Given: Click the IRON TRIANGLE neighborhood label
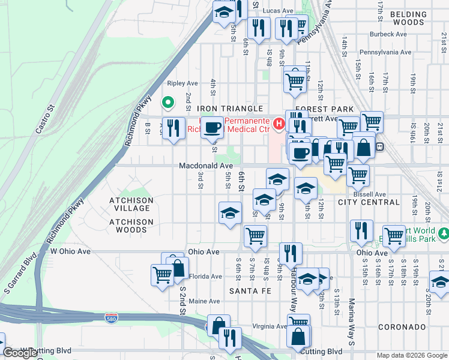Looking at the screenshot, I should point(231,109).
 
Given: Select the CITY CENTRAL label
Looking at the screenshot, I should point(369,202).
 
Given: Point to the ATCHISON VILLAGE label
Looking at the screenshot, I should point(131,204).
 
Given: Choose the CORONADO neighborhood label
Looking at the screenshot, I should point(402,327).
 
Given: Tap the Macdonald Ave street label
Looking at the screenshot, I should point(205,166).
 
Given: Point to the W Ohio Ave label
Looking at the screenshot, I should point(70,251).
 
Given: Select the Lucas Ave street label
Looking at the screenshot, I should point(278,11).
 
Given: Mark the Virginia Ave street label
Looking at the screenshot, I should point(269,327).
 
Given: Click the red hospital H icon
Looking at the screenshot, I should point(279,124).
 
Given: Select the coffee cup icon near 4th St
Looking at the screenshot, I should point(212,127).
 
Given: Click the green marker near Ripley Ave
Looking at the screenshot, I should point(169,102).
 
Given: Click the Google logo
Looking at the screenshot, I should point(20,353).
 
